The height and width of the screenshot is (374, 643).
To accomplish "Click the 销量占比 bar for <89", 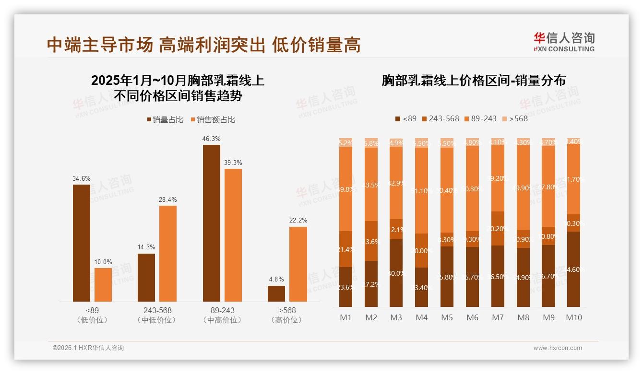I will pyautogui.click(x=82, y=243).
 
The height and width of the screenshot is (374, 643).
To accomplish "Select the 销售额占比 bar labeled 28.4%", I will pyautogui.click(x=168, y=254).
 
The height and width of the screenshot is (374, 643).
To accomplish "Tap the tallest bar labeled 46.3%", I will pyautogui.click(x=211, y=223).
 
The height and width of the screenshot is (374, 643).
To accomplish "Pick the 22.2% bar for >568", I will pyautogui.click(x=298, y=264).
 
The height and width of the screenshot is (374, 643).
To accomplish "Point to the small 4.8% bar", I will pyautogui.click(x=276, y=293).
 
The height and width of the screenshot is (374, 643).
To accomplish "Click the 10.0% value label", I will pyautogui.click(x=103, y=262).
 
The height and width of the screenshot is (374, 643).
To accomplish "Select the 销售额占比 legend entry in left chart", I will pyautogui.click(x=213, y=120).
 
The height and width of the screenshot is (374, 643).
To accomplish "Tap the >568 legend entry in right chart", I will pyautogui.click(x=515, y=118).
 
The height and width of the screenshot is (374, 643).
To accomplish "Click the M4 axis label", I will pyautogui.click(x=421, y=318).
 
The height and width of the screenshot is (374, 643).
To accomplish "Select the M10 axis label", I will pyautogui.click(x=574, y=318).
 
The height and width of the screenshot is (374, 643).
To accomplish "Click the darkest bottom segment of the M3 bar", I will pyautogui.click(x=396, y=273).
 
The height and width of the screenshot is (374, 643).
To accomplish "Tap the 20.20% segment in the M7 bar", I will pyautogui.click(x=498, y=228).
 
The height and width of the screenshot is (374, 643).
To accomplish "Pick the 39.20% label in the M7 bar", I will pyautogui.click(x=498, y=178).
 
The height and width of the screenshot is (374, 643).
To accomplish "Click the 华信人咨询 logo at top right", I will pyautogui.click(x=564, y=42).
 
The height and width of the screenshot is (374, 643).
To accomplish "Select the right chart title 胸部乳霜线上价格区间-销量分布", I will pyautogui.click(x=474, y=80).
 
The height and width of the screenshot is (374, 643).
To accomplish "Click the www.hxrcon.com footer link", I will pyautogui.click(x=558, y=348).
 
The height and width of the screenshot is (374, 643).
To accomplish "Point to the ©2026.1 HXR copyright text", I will pyautogui.click(x=88, y=348).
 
